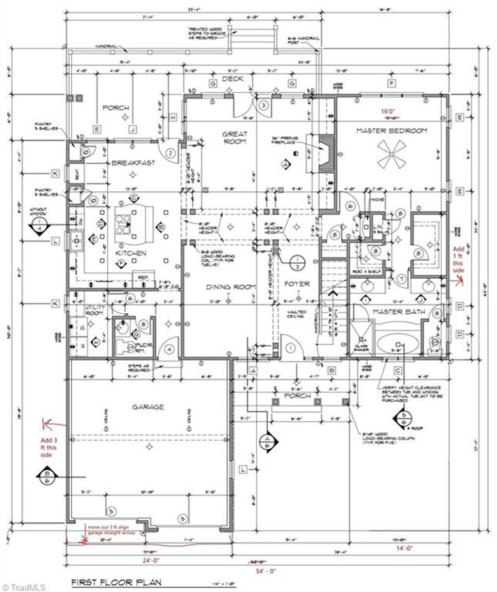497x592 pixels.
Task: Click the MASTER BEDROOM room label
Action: [392, 131]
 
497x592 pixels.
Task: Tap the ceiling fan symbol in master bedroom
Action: [392, 154]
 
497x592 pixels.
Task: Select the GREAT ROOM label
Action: [234, 137]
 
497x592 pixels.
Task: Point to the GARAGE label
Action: [148, 407]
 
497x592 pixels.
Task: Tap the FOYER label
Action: [297, 284]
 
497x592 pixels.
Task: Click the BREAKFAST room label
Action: [133, 163]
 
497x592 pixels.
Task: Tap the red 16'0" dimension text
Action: [388, 111]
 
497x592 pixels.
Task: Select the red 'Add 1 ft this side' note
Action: [459, 259]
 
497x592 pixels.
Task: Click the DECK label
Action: [232, 79]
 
